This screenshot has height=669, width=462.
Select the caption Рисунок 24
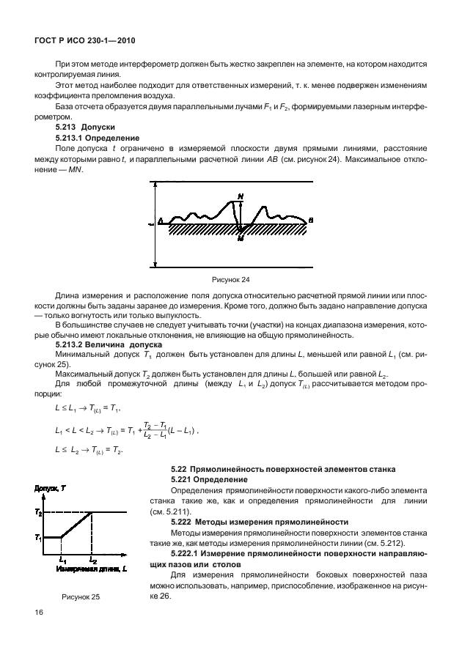(230, 279)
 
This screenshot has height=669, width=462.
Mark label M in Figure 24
(241, 237)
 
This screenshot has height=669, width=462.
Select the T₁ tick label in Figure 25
(39, 538)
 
